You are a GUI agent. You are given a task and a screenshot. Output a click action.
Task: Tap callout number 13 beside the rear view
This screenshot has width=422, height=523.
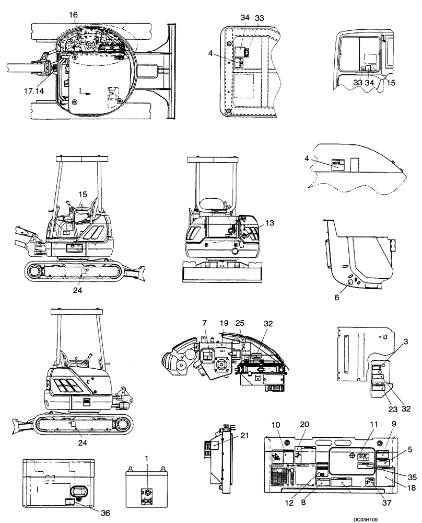pos(269,223)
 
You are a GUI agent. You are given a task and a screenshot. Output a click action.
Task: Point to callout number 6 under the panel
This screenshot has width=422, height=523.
pos(337,297)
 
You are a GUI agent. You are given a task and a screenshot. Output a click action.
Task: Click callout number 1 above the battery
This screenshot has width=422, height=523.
pos(147,458)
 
